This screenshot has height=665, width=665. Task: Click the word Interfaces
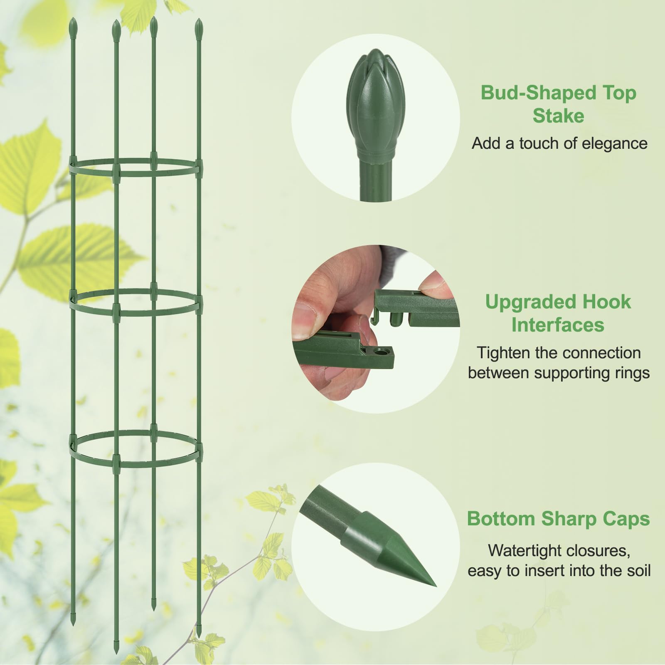[x=558, y=325]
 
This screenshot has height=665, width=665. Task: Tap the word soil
[x=637, y=570]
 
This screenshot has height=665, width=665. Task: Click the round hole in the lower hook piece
[x=379, y=352]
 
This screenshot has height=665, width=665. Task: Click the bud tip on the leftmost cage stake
[x=73, y=25]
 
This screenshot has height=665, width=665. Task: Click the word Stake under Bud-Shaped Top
[x=558, y=116]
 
